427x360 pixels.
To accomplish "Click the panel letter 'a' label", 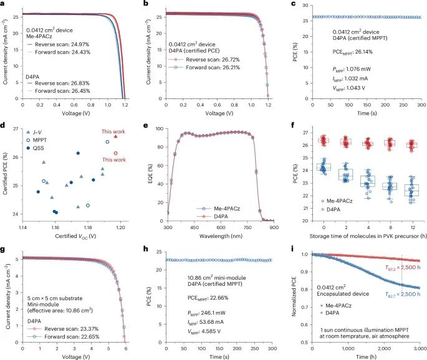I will click(4, 4).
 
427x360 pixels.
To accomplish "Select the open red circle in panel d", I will click(115, 153).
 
